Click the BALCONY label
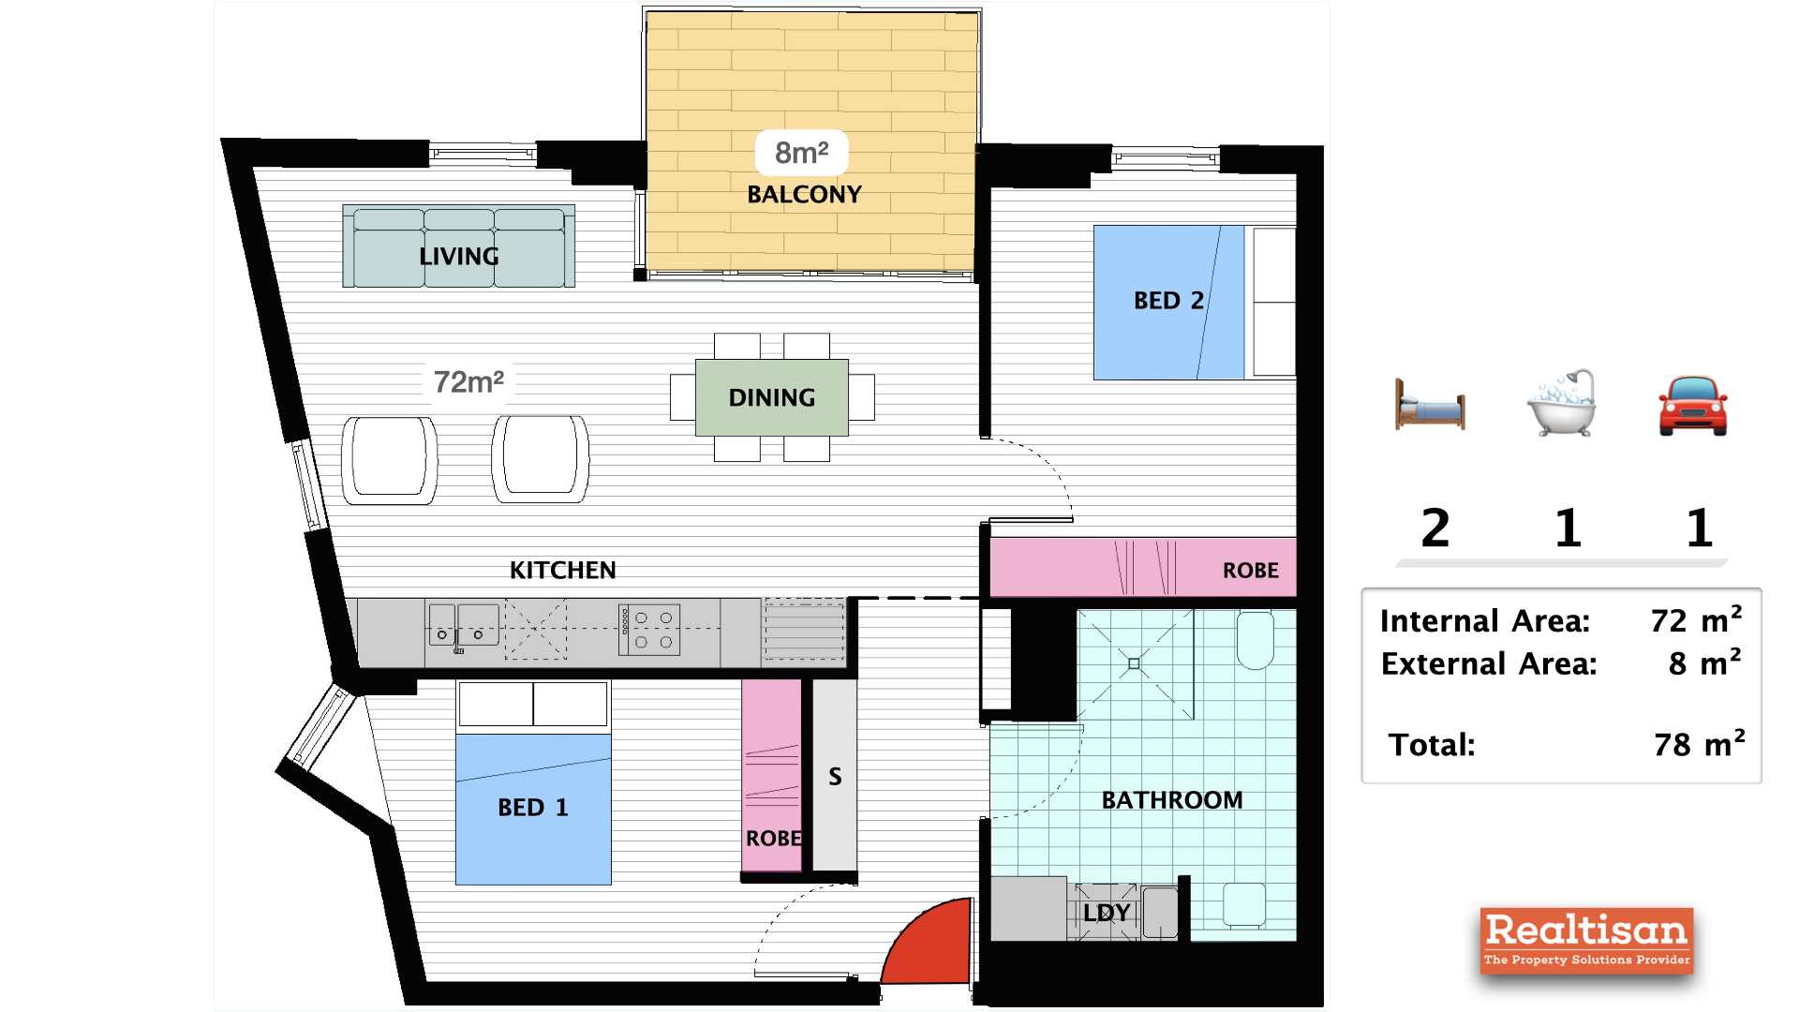point(804,194)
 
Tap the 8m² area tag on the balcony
point(801,153)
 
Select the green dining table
point(771,397)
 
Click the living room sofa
point(458,246)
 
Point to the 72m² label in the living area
point(468,381)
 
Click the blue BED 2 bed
point(1168,302)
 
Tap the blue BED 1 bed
point(532,809)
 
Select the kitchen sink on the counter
point(464,626)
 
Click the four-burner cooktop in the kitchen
point(650,630)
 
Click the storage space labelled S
point(835,776)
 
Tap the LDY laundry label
point(1107,913)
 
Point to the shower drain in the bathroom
point(1134,663)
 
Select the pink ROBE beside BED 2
point(1143,568)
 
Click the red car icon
point(1692,406)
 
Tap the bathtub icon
point(1561,404)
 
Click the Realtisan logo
point(1586,940)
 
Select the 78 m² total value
point(1698,744)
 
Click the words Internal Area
point(1484,621)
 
